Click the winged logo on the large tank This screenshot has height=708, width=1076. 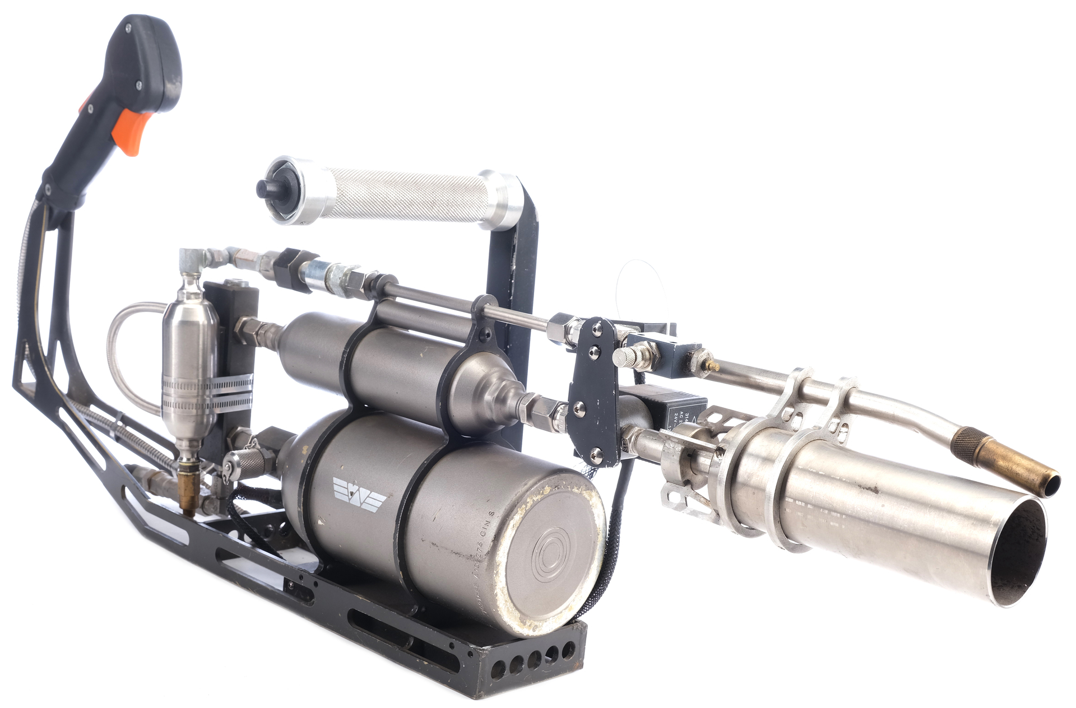point(359,491)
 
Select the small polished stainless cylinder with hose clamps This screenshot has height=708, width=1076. point(189,358)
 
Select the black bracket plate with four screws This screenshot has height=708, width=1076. point(594,392)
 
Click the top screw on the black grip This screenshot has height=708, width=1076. point(128,25)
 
